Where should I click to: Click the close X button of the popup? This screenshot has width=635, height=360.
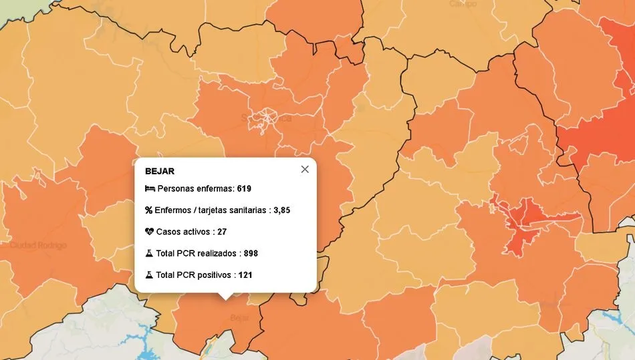point(305,169)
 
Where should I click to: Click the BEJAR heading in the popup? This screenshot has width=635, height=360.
point(159,171)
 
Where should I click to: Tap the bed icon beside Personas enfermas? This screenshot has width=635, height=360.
point(149,189)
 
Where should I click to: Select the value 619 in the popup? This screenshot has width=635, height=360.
point(244,189)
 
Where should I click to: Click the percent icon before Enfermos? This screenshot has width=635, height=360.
point(148,210)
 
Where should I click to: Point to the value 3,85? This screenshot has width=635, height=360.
point(281,210)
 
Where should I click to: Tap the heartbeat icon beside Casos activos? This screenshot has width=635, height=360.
point(149,232)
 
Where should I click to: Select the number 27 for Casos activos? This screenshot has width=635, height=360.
point(222,232)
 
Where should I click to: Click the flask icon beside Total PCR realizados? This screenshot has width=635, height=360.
point(149,253)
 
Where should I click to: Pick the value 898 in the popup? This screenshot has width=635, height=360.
point(251,254)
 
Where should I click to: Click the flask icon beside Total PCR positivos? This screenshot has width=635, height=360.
point(149,275)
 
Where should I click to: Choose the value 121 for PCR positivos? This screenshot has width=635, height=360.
point(245,275)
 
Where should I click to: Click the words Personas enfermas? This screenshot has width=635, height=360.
point(195,189)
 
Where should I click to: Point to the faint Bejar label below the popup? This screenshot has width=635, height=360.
point(239,318)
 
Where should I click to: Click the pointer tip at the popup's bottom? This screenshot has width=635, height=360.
point(226,297)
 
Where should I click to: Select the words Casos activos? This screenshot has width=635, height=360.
point(184,232)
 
